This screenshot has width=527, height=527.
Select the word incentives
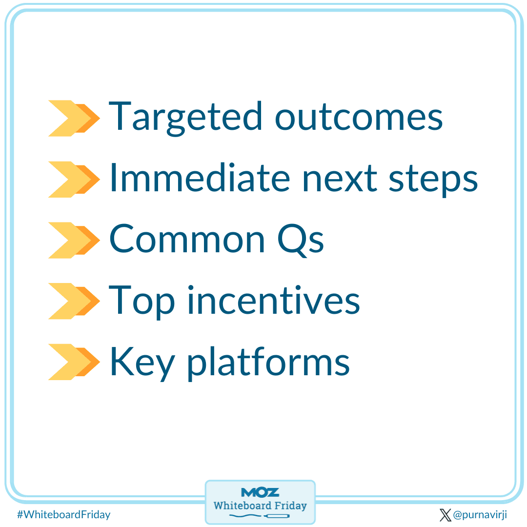(273, 301)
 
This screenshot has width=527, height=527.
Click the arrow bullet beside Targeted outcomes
(73, 118)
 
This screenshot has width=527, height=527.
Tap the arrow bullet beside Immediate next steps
(73, 179)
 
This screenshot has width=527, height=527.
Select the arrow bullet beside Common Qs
(73, 240)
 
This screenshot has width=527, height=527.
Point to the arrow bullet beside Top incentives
(73, 301)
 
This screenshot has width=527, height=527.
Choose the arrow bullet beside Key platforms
(73, 362)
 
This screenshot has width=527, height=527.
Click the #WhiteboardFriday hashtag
(63, 514)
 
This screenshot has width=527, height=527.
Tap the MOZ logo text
(260, 492)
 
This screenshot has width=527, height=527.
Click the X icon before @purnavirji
(445, 515)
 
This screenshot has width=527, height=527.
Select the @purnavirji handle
(480, 515)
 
